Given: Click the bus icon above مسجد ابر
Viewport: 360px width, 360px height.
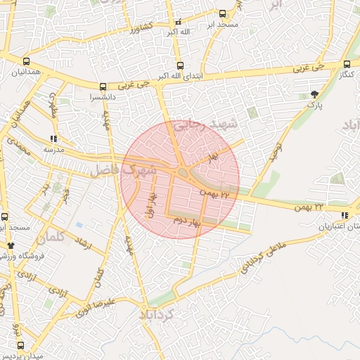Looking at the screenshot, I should coord(223,13).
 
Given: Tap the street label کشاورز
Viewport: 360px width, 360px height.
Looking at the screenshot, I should coord(141,28).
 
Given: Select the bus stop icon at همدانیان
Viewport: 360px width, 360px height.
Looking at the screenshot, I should coord(26,61).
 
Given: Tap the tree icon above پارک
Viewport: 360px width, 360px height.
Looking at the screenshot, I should coord(314,94).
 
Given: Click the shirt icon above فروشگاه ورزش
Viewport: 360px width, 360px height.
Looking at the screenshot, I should coord(11,245).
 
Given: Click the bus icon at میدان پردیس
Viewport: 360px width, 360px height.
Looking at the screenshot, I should coord(20,345).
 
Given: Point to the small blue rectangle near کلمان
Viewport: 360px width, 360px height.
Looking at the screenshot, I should coord(79,226).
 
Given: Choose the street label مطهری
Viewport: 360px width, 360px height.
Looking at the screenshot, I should coord(52,110).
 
